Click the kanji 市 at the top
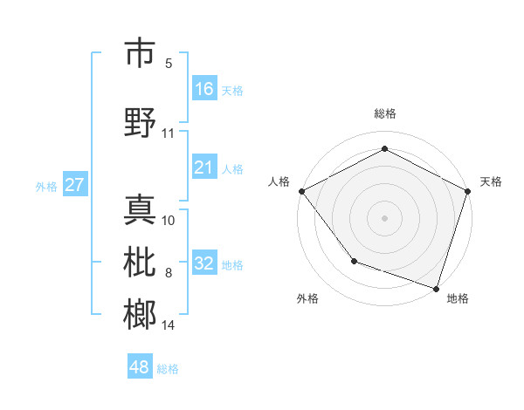(141, 53)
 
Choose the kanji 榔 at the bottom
(141, 314)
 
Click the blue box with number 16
(203, 89)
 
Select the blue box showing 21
(203, 167)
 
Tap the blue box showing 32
(203, 263)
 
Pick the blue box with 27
(75, 185)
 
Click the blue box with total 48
(140, 367)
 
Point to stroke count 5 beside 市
(169, 64)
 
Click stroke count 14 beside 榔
(169, 325)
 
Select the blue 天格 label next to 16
(231, 90)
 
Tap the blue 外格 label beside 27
(46, 186)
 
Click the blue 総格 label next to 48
(168, 369)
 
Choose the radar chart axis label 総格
(384, 113)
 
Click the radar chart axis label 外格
(307, 298)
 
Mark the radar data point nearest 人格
(301, 191)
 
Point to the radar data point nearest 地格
(436, 288)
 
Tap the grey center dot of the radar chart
(384, 217)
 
